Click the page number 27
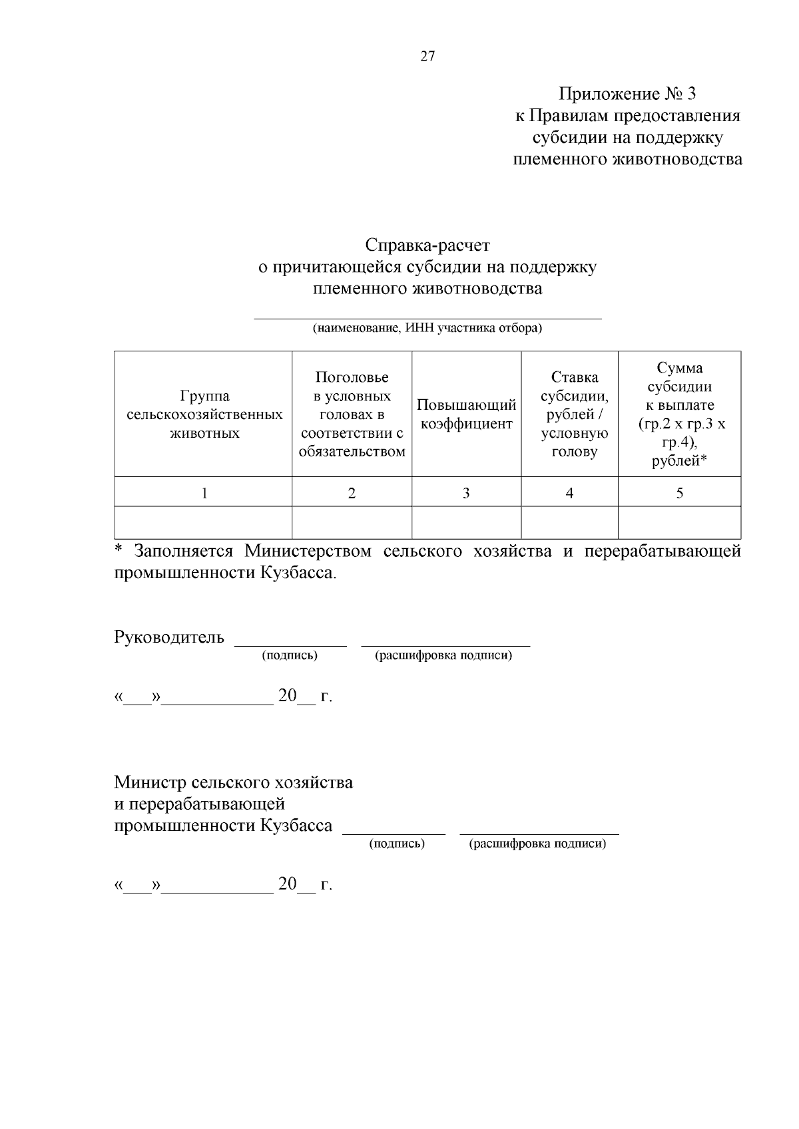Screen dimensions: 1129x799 [x=427, y=57]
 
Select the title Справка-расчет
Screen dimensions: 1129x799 [x=427, y=245]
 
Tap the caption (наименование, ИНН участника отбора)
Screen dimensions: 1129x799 [x=427, y=328]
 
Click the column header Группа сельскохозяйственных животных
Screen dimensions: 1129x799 [x=204, y=414]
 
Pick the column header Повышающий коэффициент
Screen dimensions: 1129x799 [x=466, y=414]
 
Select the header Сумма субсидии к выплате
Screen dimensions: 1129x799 [x=679, y=414]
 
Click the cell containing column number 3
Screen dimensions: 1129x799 [x=466, y=493]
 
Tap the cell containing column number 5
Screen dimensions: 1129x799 [x=679, y=493]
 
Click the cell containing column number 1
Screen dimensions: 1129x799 [x=204, y=493]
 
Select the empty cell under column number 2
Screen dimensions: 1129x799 [x=352, y=523]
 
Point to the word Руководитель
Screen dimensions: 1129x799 [x=169, y=637]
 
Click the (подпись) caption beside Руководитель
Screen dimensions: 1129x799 [x=290, y=655]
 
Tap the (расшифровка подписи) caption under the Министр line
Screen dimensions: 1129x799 [x=537, y=844]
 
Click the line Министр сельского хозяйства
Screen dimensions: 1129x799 [x=233, y=782]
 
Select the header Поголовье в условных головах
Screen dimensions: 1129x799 [x=352, y=414]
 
